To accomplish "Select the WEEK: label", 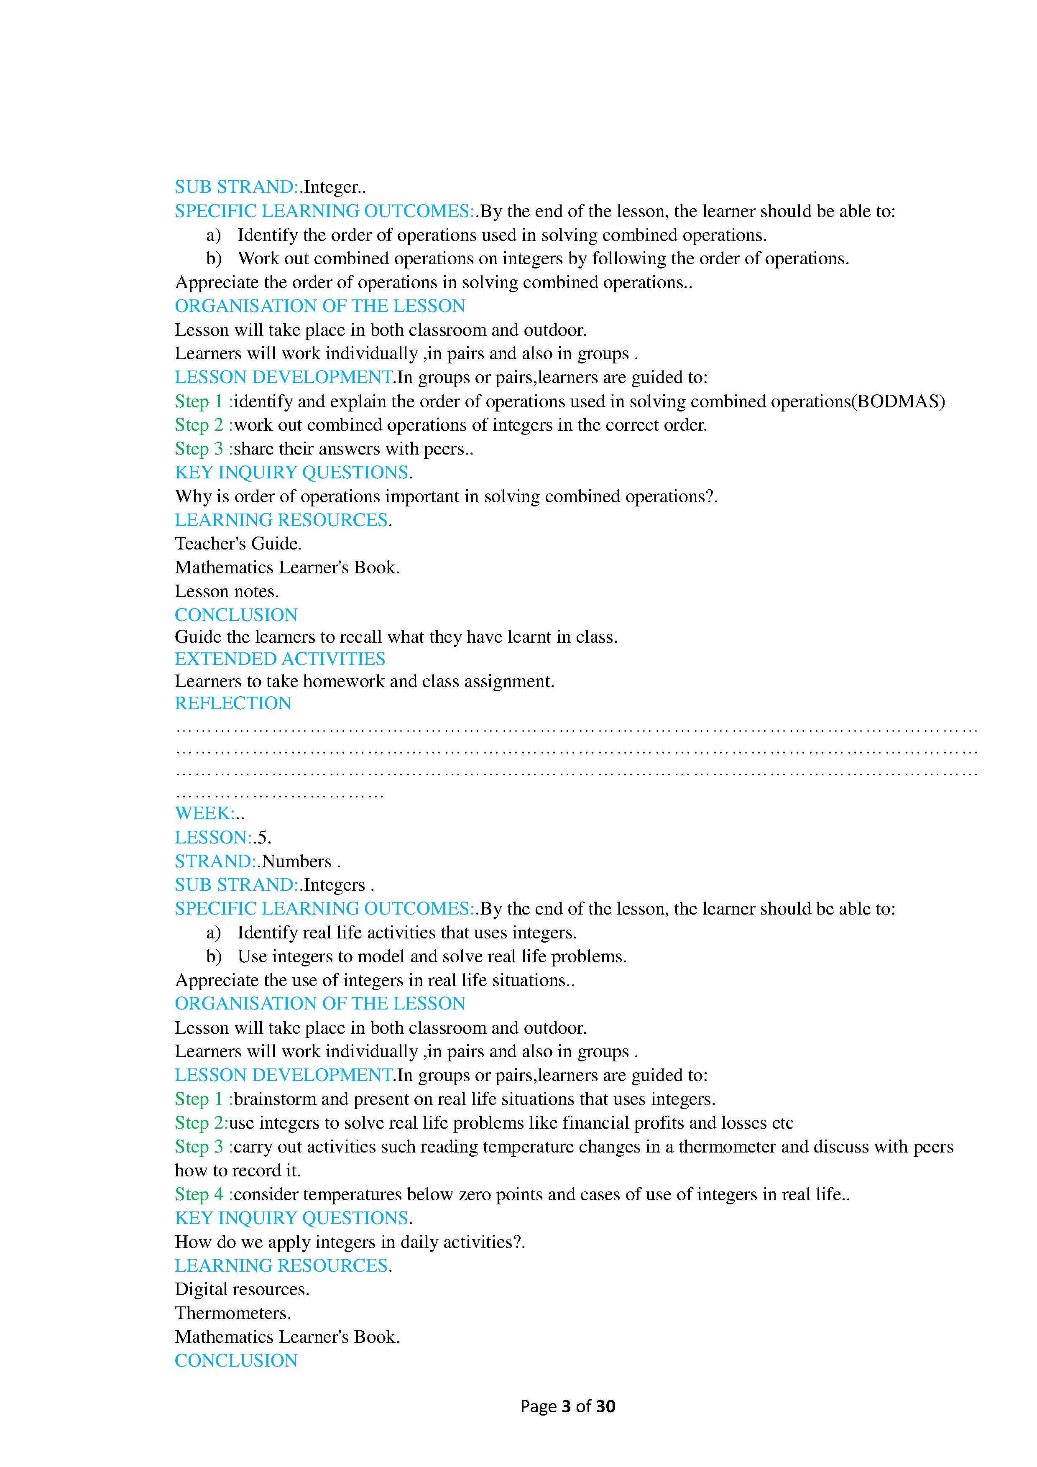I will click(204, 813).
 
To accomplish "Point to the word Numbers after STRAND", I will click(296, 861).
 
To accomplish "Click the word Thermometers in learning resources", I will click(232, 1313).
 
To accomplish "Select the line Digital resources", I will click(242, 1289).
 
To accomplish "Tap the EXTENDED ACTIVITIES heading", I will click(280, 659).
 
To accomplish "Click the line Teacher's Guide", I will click(238, 544).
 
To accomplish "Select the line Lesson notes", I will click(226, 591).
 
